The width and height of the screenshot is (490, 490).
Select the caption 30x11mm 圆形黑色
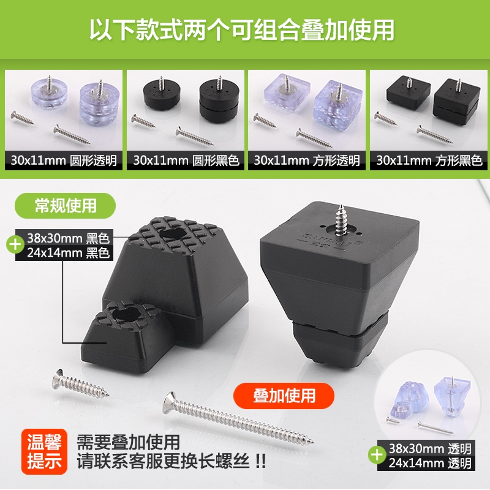point(186,161)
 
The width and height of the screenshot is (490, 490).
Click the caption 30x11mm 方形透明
point(307,161)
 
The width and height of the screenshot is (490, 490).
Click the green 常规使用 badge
point(65,205)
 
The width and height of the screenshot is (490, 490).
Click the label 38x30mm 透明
point(428,449)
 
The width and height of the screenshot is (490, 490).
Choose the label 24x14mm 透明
point(428,464)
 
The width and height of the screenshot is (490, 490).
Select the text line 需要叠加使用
point(128,442)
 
